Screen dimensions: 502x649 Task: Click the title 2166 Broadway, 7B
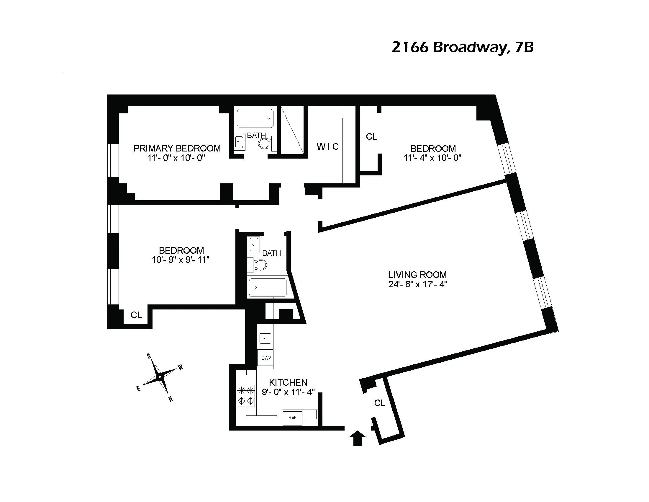(462, 47)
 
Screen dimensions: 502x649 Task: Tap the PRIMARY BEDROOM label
(177, 148)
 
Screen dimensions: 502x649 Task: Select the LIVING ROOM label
(417, 275)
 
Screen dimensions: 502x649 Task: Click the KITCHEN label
(288, 382)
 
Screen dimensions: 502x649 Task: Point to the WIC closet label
(327, 147)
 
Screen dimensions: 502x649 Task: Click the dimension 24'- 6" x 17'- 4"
(417, 284)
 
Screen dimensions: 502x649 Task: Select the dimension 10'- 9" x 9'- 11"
(181, 260)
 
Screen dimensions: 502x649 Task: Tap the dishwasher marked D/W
(266, 358)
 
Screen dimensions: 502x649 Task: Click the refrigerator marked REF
(292, 418)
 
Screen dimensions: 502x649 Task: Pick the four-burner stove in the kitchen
(246, 395)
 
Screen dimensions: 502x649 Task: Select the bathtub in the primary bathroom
(255, 118)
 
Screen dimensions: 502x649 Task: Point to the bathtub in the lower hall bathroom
(267, 287)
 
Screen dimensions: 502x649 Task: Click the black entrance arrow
(358, 438)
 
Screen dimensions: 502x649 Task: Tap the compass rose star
(160, 377)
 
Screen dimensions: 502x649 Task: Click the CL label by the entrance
(379, 403)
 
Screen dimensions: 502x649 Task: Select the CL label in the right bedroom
(371, 137)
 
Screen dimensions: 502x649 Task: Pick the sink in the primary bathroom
(239, 142)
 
